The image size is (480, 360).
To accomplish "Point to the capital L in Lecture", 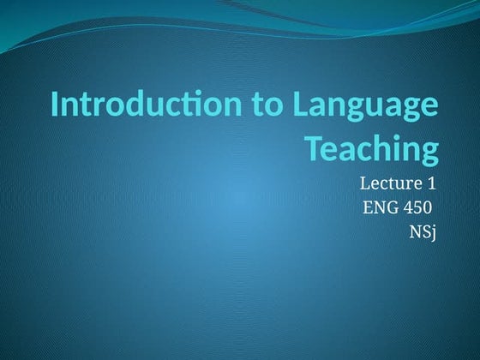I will coord(364,183).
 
